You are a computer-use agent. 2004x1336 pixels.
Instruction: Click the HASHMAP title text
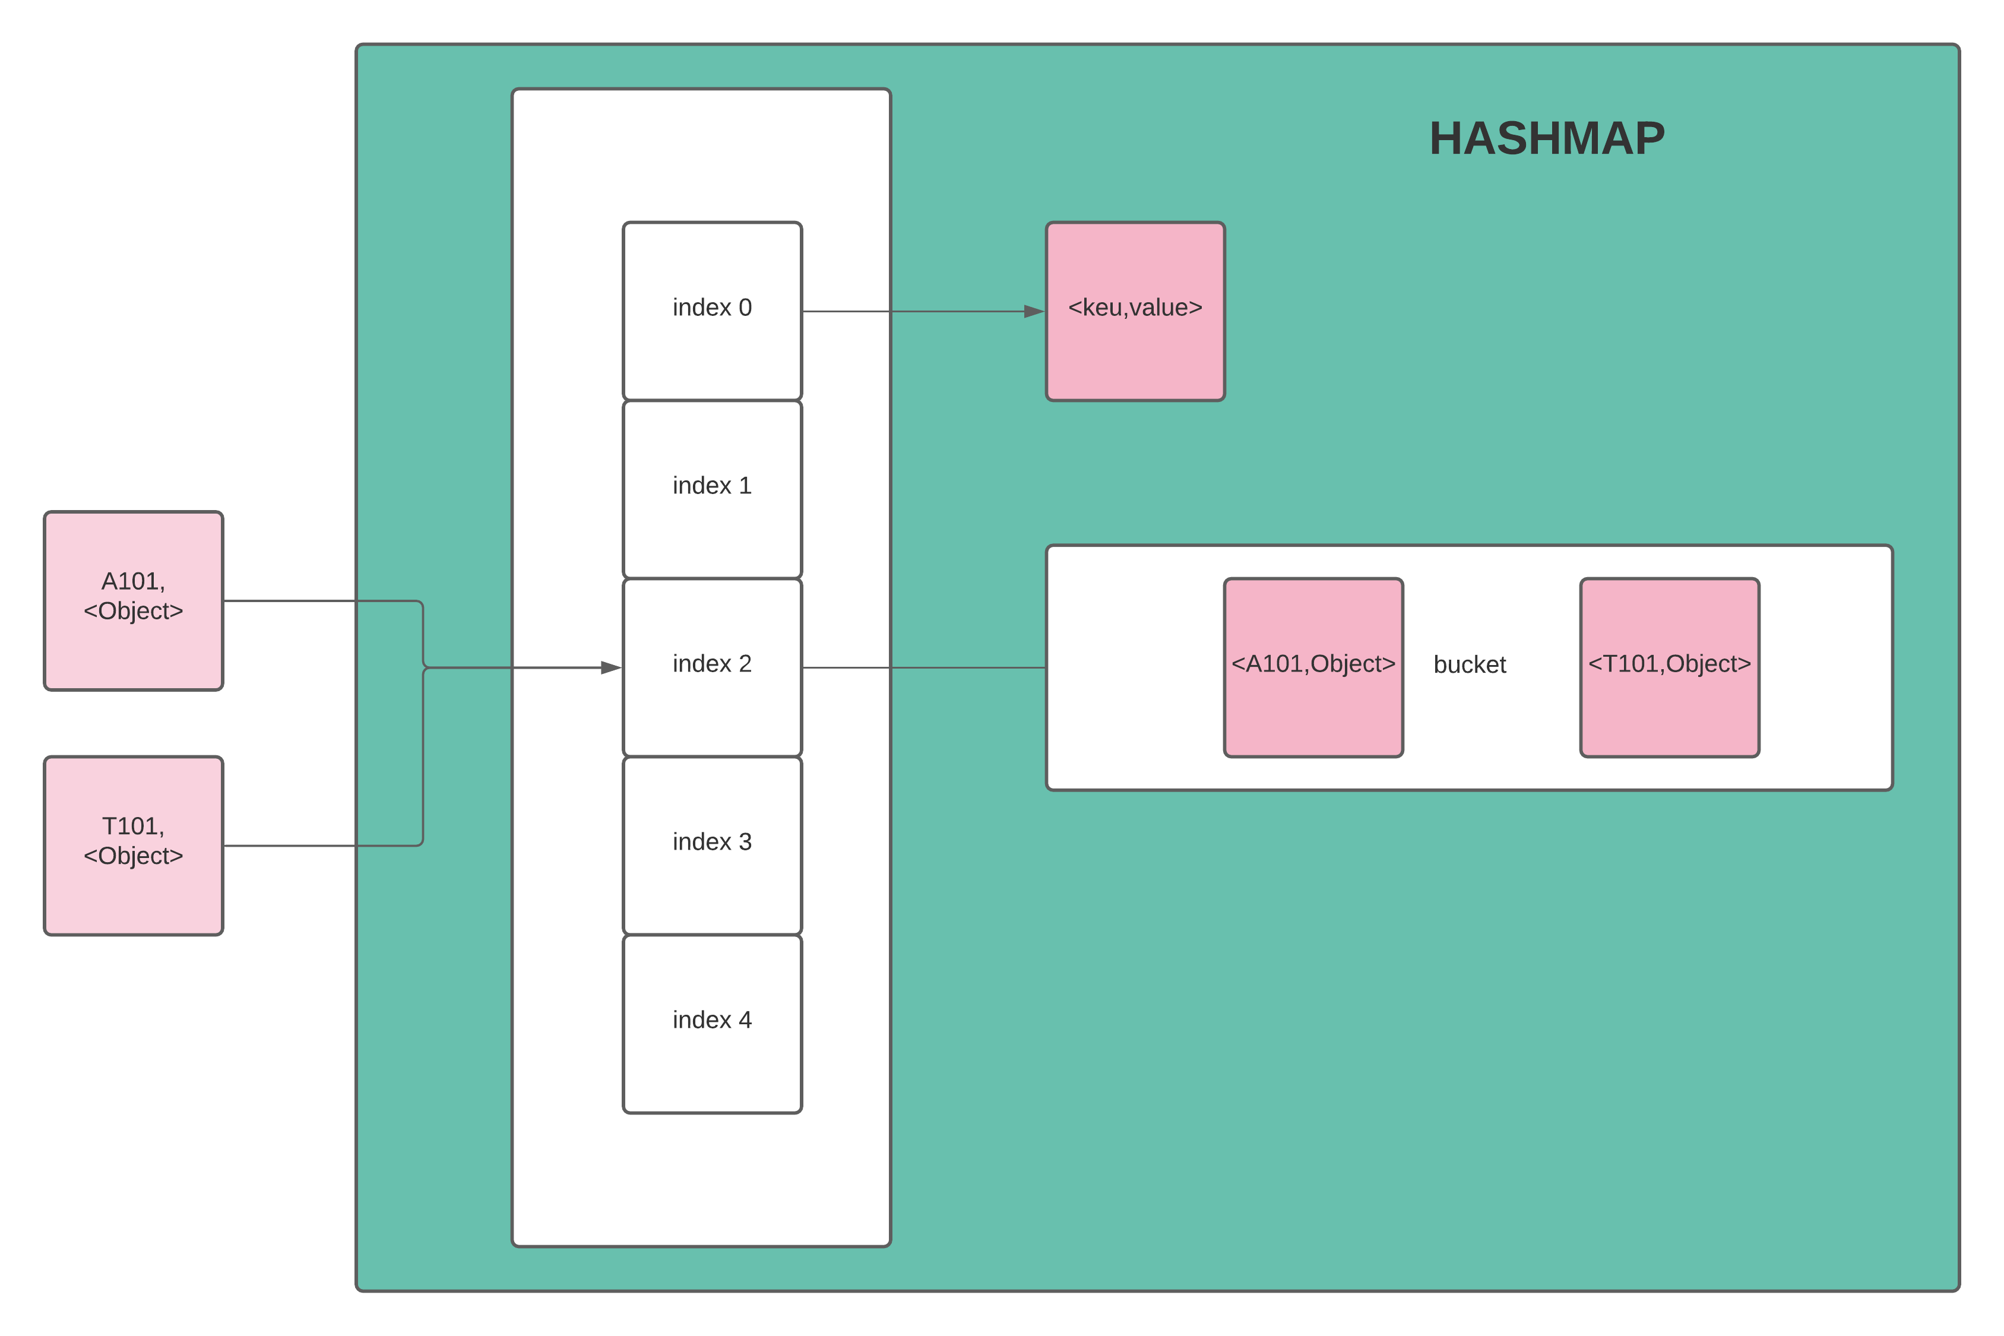[x=1546, y=138]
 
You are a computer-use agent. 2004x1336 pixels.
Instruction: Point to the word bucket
[x=1469, y=664]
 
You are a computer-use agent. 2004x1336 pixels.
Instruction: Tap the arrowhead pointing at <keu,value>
[x=1034, y=312]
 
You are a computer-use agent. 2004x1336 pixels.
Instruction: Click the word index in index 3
[x=701, y=842]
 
